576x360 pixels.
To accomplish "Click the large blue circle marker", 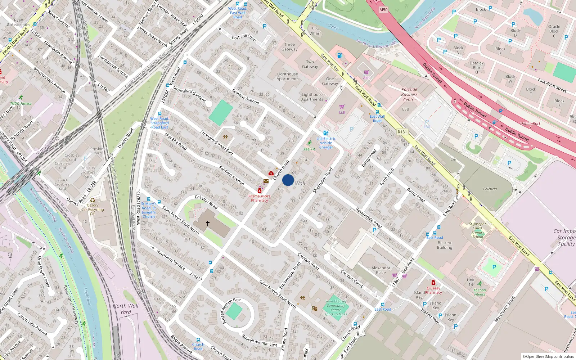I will (x=288, y=180).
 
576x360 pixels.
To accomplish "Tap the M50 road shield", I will (x=383, y=10).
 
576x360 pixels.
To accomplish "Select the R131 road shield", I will (x=402, y=132).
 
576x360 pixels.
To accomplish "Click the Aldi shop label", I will (x=366, y=77).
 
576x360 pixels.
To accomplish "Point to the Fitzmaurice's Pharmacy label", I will (x=259, y=198).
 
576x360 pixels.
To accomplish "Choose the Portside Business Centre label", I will (x=409, y=94).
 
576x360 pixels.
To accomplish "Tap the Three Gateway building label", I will (x=289, y=47).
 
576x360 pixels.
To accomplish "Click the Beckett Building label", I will (x=445, y=245).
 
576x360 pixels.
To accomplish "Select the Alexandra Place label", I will (x=381, y=270).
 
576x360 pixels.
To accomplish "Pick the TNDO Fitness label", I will (x=21, y=103).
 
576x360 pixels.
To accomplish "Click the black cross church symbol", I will (x=208, y=223).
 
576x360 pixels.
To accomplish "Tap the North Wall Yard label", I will (x=125, y=309).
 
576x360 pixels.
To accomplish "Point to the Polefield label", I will (x=490, y=189).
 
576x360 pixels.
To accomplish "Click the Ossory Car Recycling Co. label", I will (x=93, y=209).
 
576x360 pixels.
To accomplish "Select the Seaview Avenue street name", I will (x=246, y=96).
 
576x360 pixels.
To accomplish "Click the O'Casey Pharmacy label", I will (x=433, y=290).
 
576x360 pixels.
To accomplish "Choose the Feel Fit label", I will (x=309, y=149).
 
